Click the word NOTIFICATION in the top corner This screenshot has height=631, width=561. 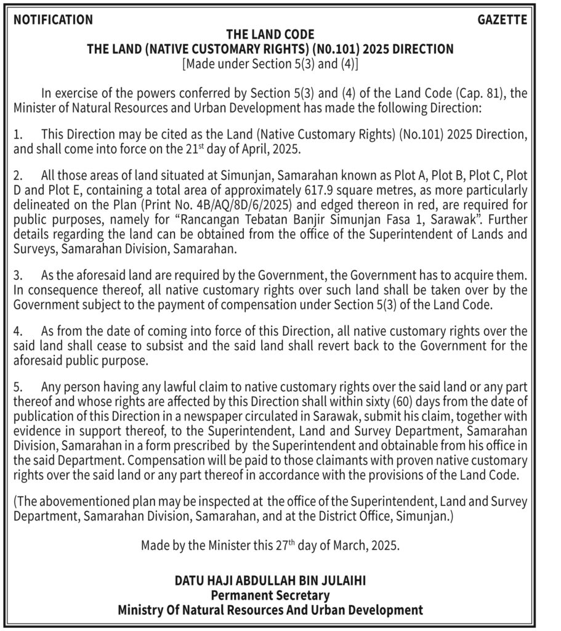pyautogui.click(x=53, y=20)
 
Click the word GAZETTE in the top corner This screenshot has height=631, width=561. pyautogui.click(x=502, y=20)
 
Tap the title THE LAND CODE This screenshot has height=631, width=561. pyautogui.click(x=270, y=34)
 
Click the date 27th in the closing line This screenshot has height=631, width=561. pyautogui.click(x=264, y=545)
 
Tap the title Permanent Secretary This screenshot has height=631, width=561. pyautogui.click(x=270, y=596)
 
